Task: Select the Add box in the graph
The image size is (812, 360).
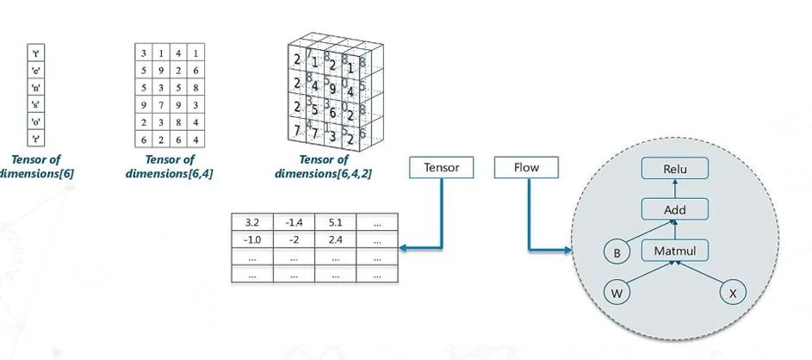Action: pyautogui.click(x=675, y=209)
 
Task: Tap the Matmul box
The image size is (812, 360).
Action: pyautogui.click(x=675, y=251)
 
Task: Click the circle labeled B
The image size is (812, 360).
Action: pyautogui.click(x=616, y=253)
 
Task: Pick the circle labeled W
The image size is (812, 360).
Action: pyautogui.click(x=616, y=294)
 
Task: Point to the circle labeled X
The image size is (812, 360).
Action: pyautogui.click(x=734, y=294)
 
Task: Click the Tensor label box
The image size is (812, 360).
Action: pyautogui.click(x=443, y=167)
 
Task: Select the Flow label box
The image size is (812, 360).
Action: pyautogui.click(x=527, y=167)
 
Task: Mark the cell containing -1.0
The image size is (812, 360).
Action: pyautogui.click(x=253, y=239)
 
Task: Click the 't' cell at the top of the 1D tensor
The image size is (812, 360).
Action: pyautogui.click(x=36, y=53)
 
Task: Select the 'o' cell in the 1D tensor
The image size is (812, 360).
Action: pyautogui.click(x=36, y=121)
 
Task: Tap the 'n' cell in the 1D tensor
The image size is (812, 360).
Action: pyautogui.click(x=36, y=87)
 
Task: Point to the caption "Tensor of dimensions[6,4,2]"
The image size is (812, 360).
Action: pyautogui.click(x=324, y=166)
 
